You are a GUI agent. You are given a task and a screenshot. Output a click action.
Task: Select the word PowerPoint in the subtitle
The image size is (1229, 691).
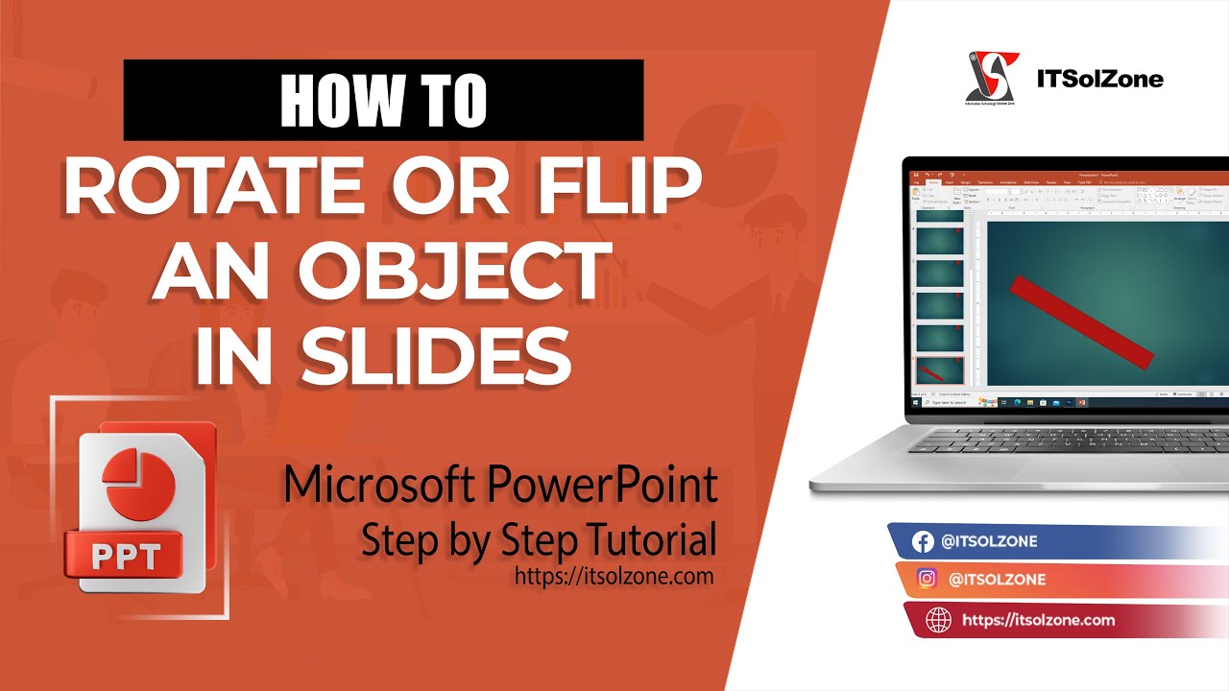[x=602, y=486]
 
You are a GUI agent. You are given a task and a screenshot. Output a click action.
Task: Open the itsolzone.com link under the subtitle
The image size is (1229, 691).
[x=614, y=576]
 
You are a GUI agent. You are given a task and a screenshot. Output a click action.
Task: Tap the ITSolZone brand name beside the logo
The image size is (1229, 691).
[x=1099, y=79]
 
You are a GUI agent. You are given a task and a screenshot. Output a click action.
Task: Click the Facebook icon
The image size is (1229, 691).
[x=923, y=542]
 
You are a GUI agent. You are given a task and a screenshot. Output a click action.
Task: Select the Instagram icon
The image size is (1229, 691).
[x=928, y=580]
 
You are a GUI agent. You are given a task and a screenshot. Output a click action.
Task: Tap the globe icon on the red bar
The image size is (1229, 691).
[x=937, y=621]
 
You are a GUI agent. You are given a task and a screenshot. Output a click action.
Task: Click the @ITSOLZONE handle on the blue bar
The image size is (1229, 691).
[x=989, y=542]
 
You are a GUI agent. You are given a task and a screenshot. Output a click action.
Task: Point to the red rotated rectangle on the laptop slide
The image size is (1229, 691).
[x=1081, y=321]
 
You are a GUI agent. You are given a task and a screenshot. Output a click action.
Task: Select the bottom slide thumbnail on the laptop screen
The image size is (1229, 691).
[x=940, y=371]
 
